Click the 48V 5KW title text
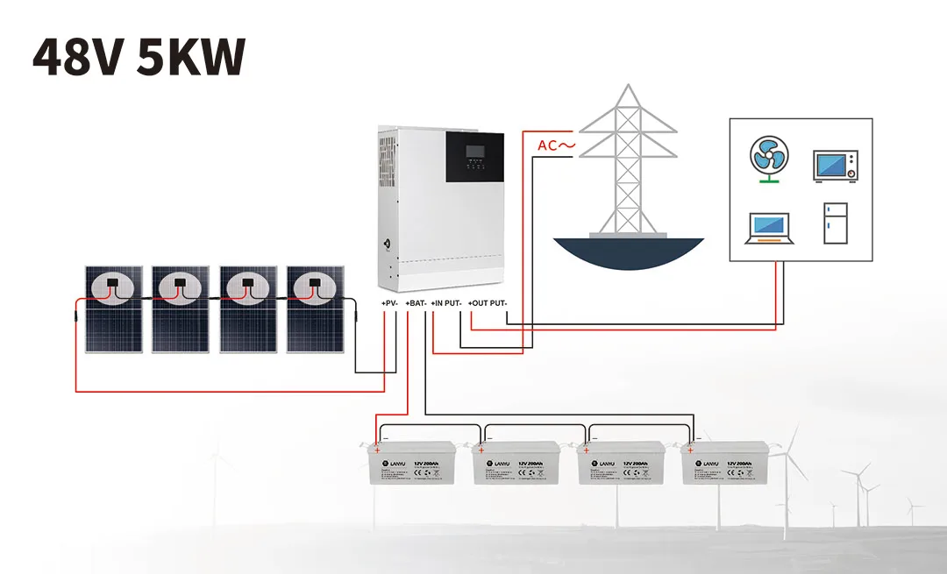click(x=138, y=57)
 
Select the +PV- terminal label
click(x=390, y=303)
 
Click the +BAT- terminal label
click(x=416, y=303)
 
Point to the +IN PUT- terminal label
click(x=446, y=303)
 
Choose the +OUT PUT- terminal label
click(x=488, y=303)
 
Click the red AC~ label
click(x=556, y=145)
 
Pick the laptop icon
click(x=769, y=227)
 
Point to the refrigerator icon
click(x=835, y=223)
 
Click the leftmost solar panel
click(x=113, y=309)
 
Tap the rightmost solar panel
click(x=317, y=309)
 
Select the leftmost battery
click(x=411, y=462)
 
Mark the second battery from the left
click(x=516, y=462)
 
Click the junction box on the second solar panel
click(x=180, y=283)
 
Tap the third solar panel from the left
click(x=248, y=309)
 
